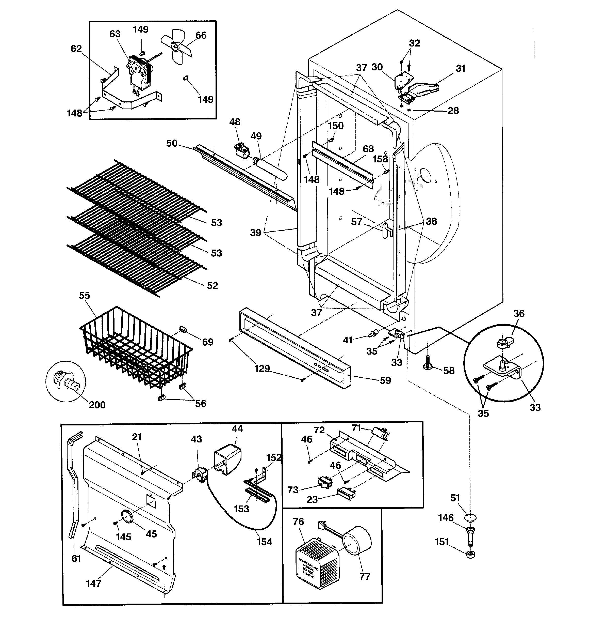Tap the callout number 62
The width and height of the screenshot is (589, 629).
[76, 49]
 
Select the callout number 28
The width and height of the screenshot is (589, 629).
[453, 111]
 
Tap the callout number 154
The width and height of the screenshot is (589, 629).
[264, 542]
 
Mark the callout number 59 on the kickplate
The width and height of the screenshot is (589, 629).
[385, 380]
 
